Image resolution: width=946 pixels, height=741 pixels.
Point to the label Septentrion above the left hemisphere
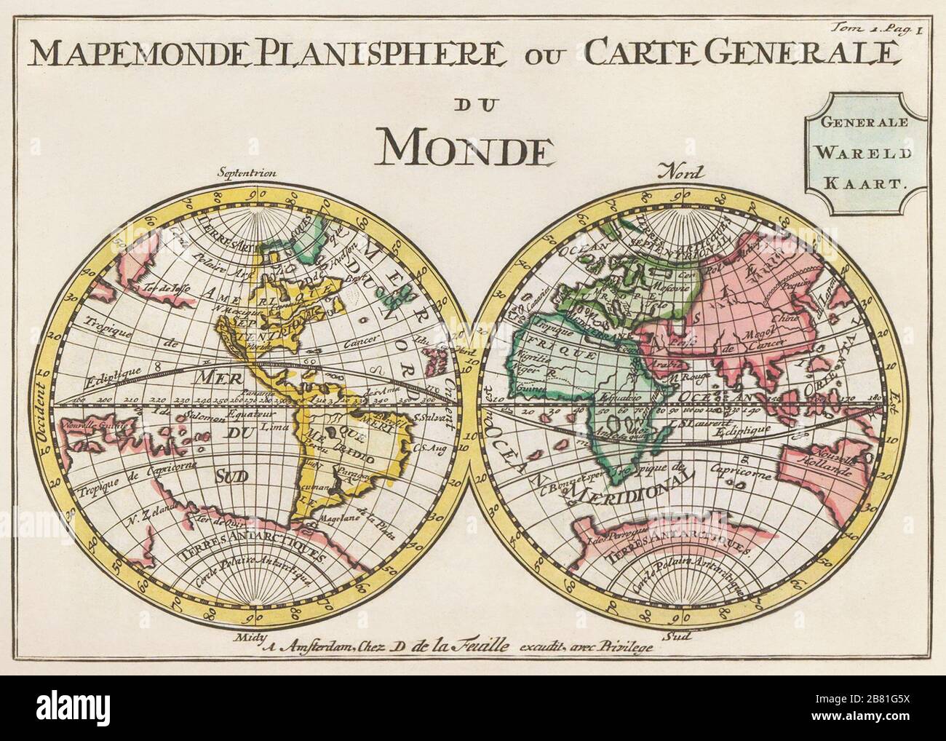[248, 173]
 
